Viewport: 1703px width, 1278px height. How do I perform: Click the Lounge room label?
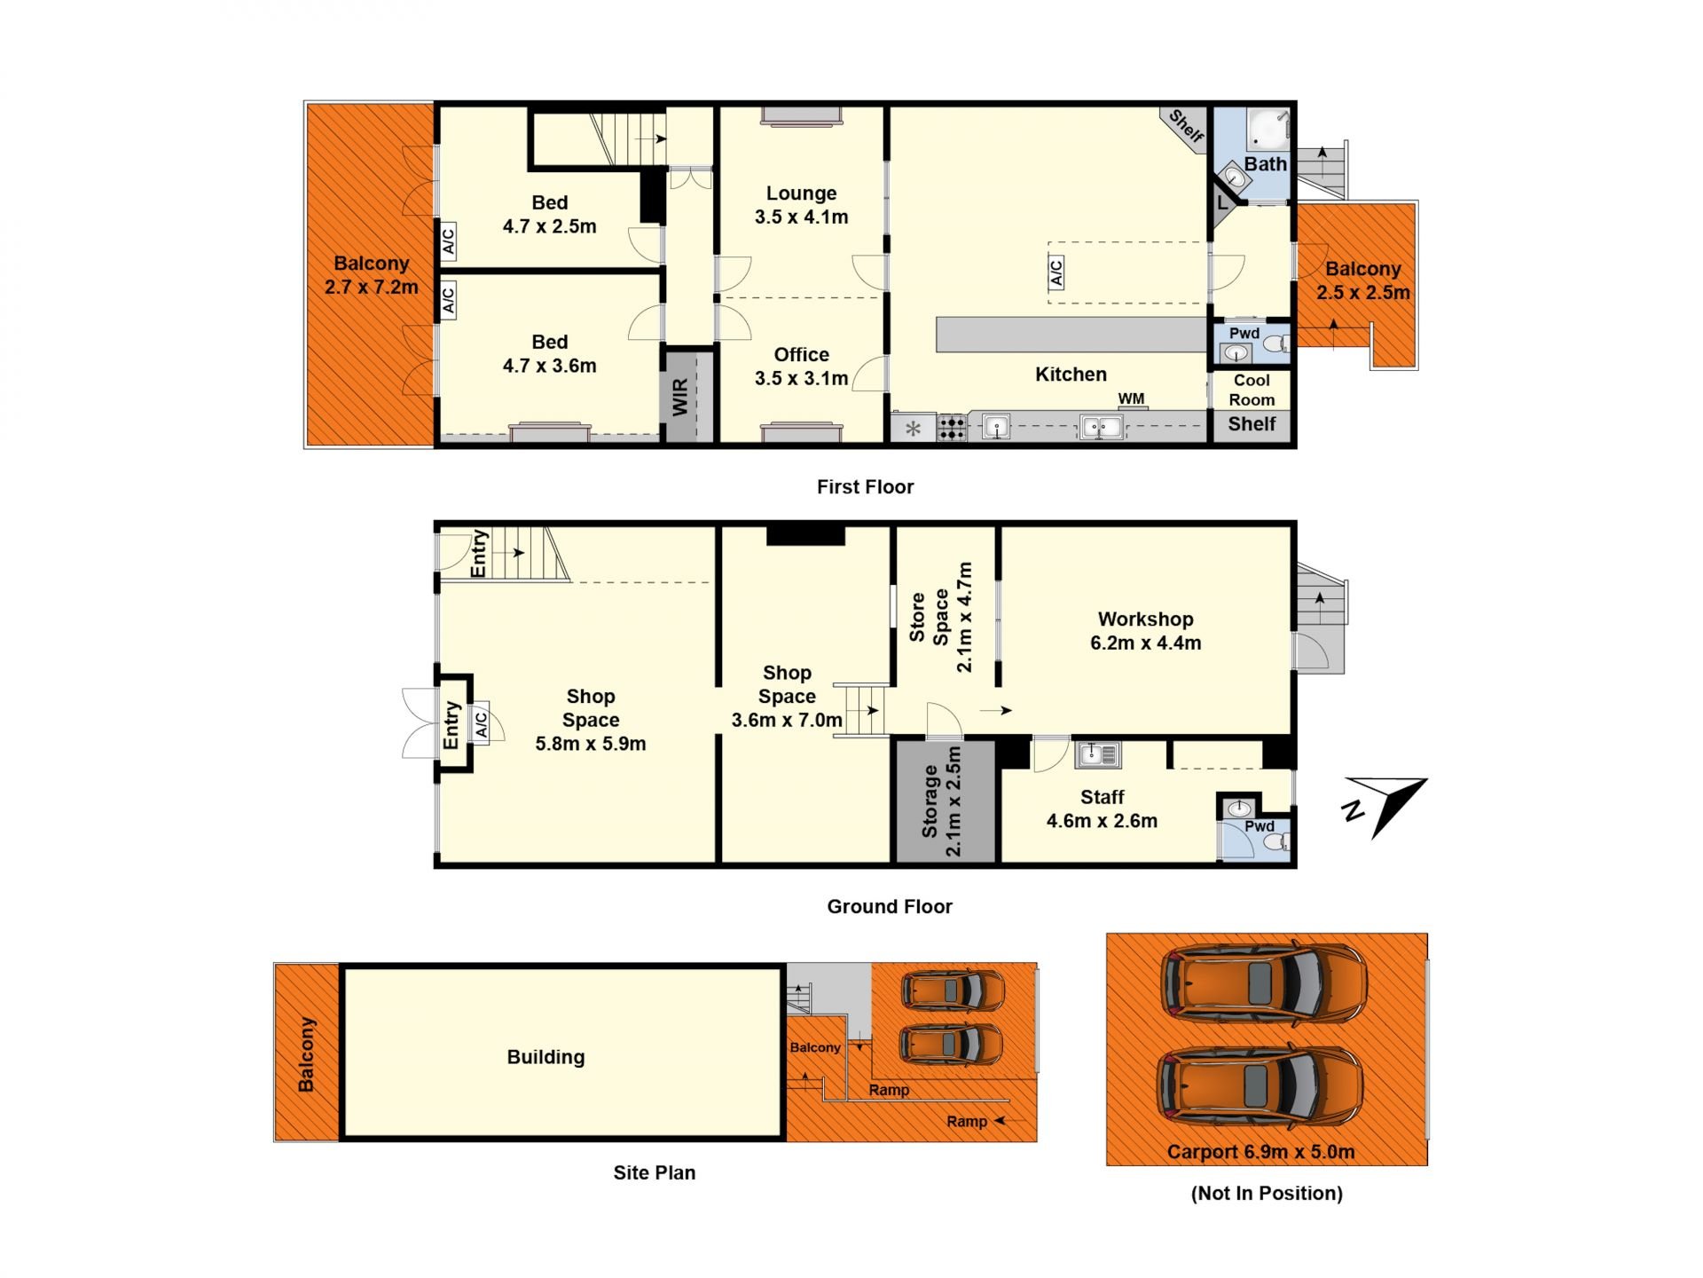(x=801, y=193)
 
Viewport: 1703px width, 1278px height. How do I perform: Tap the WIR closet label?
(x=680, y=397)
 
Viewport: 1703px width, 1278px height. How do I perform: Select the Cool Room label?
(x=1252, y=390)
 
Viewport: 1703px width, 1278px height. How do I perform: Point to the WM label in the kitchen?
(x=1131, y=398)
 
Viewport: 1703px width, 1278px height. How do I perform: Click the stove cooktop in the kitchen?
(x=952, y=428)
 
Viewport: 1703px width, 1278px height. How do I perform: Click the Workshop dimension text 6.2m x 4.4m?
(x=1145, y=643)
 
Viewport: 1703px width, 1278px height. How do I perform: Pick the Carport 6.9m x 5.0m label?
(x=1260, y=1152)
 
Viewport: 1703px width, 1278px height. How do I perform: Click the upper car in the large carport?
(x=1264, y=982)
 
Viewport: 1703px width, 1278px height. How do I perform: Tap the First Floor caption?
(x=865, y=486)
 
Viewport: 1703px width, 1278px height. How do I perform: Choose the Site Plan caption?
(x=655, y=1172)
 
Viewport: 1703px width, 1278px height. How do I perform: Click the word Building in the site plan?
(x=545, y=1057)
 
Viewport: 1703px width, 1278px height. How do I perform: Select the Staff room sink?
(x=1098, y=754)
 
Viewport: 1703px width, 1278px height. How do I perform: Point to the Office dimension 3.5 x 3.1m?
(x=801, y=378)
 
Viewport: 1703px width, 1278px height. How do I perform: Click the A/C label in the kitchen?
(x=1056, y=272)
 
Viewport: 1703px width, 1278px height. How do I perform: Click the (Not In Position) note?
(x=1267, y=1193)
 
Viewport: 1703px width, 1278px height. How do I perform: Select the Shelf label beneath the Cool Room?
(x=1252, y=424)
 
